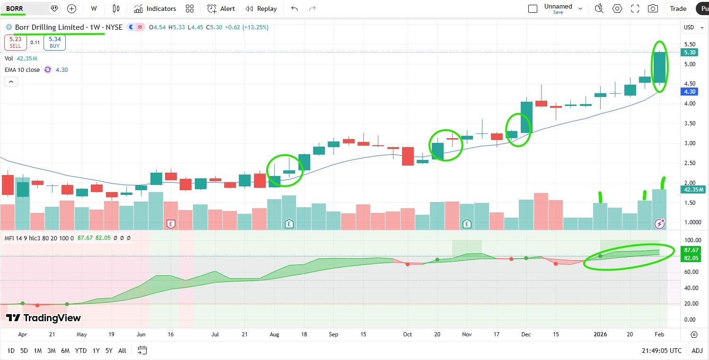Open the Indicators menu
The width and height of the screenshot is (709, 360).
[155, 9]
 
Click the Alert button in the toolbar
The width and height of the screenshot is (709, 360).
[221, 9]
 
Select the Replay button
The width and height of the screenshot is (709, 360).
[262, 9]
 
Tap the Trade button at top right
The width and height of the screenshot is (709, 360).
[678, 9]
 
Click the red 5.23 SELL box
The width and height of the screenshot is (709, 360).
[15, 43]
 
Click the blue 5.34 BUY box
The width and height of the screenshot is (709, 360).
[54, 43]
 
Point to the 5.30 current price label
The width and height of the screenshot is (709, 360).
[690, 53]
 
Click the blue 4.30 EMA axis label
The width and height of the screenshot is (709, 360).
[690, 92]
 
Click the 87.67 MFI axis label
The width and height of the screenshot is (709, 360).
[691, 250]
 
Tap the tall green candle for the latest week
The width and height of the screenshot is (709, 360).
[659, 67]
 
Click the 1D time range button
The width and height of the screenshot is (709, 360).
[11, 351]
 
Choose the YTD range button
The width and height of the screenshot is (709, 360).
[81, 351]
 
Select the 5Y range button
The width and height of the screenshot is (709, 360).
[109, 351]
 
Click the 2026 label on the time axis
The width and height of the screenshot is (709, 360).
[600, 334]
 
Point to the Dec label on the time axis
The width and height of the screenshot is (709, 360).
[526, 334]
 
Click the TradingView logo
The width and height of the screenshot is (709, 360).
[44, 318]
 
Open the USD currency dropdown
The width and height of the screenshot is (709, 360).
[692, 27]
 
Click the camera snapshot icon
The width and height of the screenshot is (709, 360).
[653, 9]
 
